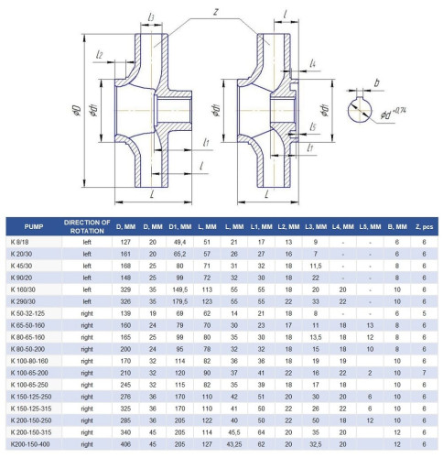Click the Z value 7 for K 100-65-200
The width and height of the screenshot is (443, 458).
(x=424, y=374)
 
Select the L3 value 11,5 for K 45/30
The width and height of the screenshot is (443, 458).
(x=315, y=265)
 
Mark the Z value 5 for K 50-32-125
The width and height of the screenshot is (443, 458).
(x=424, y=313)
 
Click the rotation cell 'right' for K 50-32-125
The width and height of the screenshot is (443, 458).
(x=87, y=313)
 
